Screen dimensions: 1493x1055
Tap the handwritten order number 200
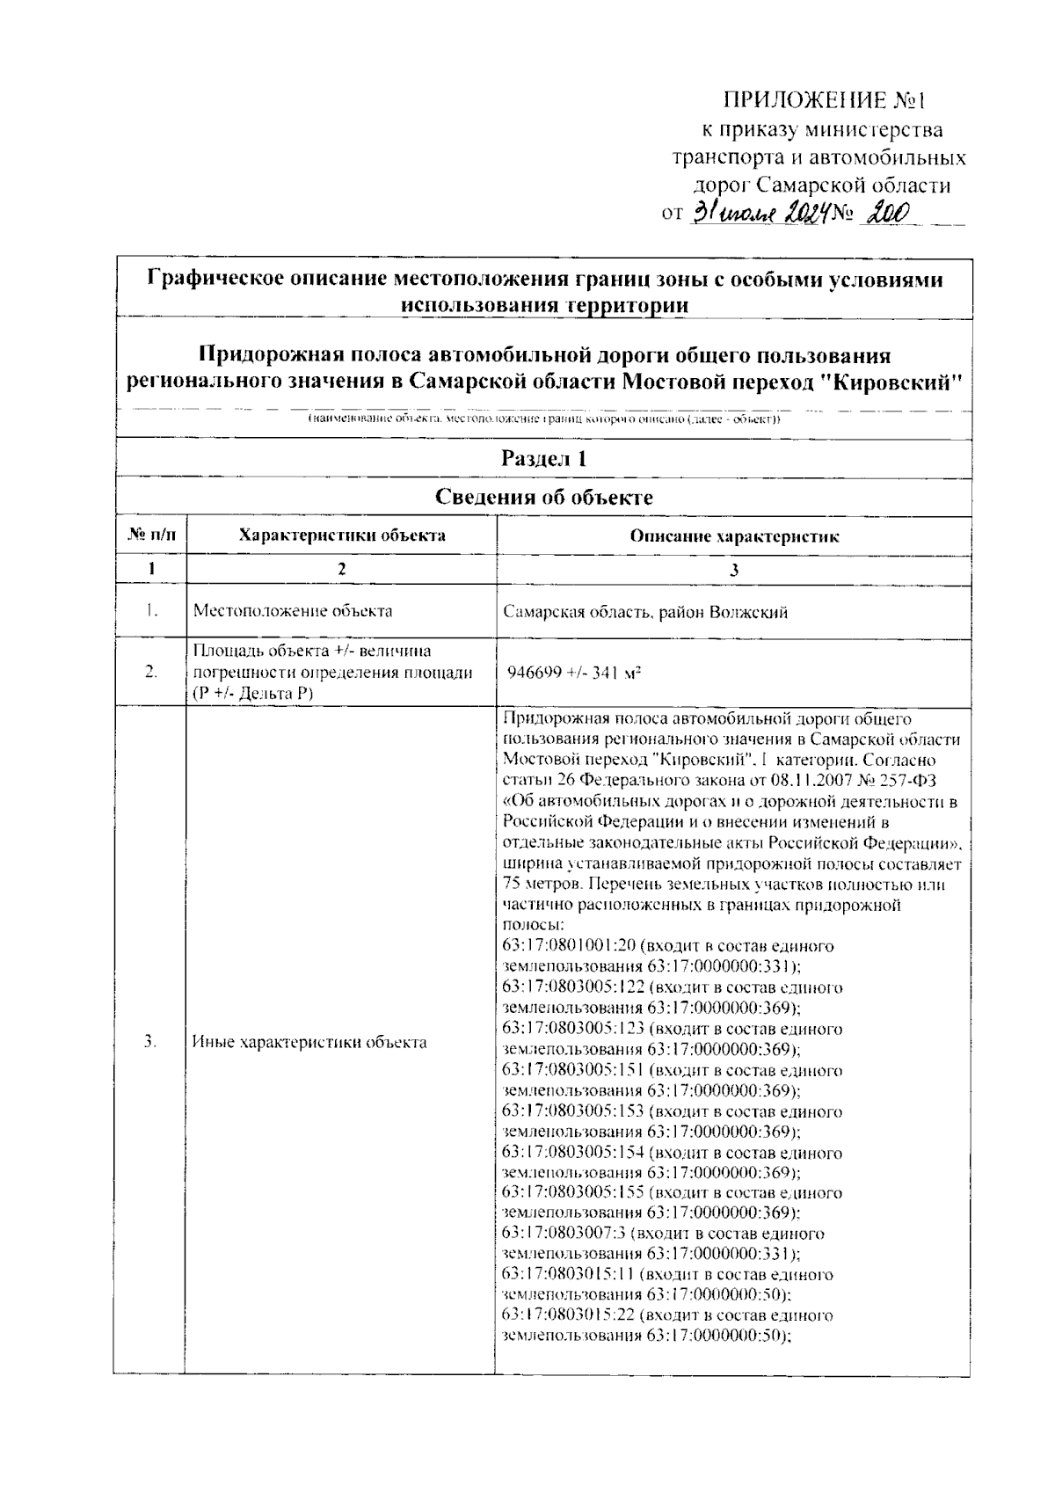(887, 212)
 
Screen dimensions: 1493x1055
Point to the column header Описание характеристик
(734, 536)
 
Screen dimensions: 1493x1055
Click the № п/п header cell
(150, 535)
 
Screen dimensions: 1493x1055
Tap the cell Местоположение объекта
(293, 611)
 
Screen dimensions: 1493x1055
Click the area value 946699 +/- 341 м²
(573, 673)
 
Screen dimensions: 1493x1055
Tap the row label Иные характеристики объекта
(309, 1043)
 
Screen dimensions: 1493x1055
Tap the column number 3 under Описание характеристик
(734, 569)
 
